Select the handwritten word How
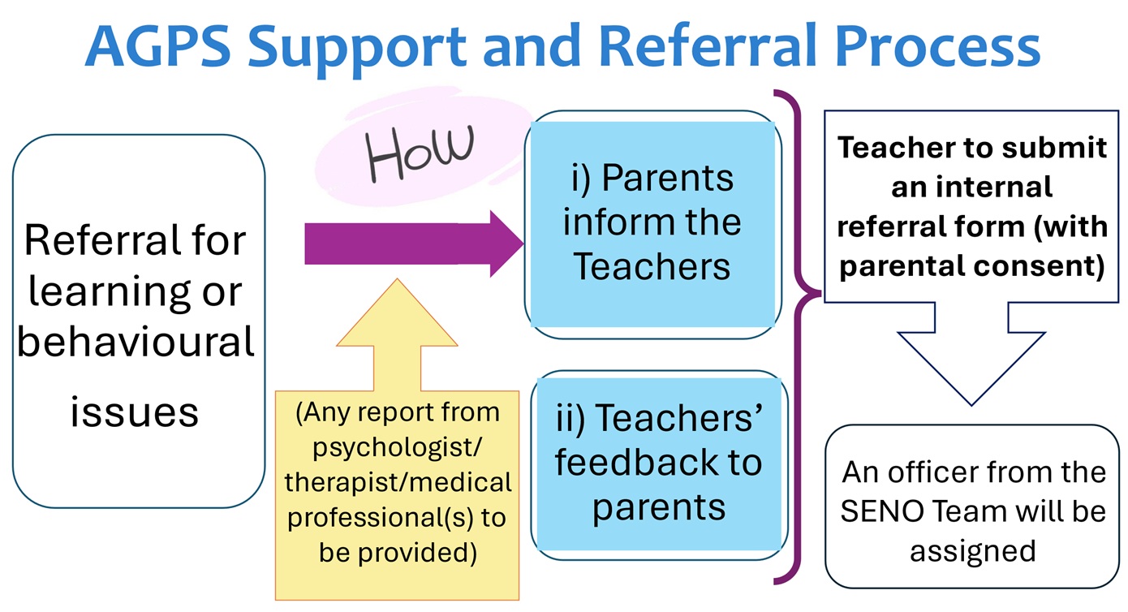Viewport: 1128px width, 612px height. pos(420,154)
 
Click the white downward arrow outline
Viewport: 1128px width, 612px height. pos(971,357)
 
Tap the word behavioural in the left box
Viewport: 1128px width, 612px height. pos(136,342)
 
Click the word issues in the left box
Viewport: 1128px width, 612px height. pos(135,411)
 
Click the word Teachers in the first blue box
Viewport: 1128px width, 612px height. pos(652,266)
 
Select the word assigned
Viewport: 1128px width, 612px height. pos(972,550)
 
